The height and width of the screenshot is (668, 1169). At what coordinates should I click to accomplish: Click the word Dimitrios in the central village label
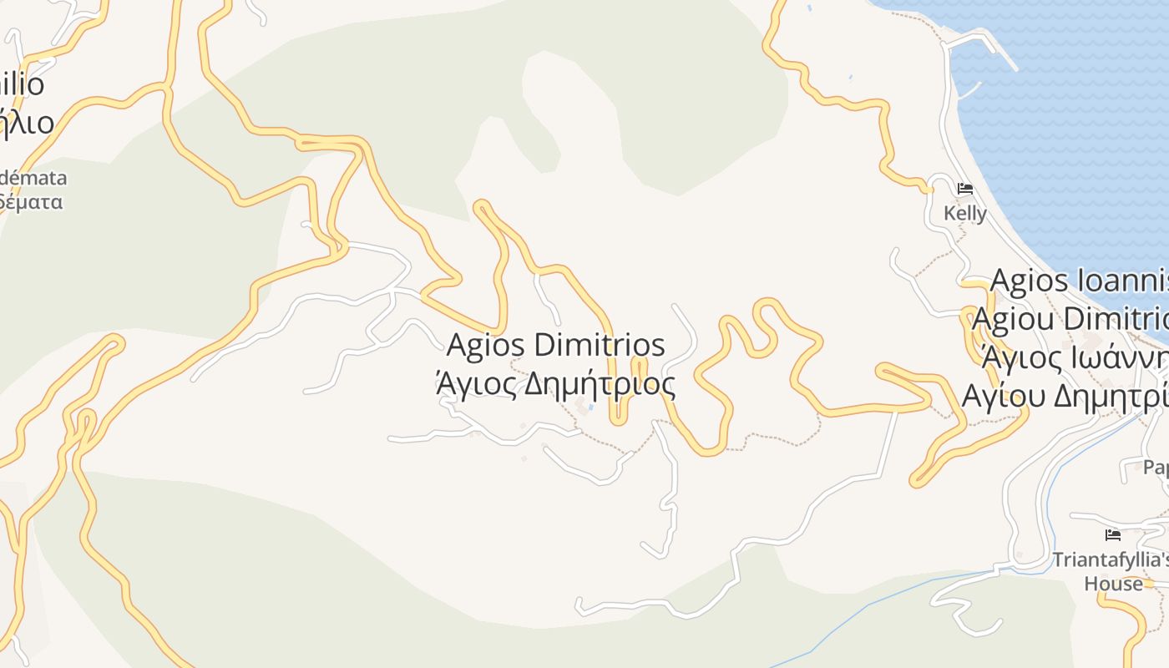pos(599,344)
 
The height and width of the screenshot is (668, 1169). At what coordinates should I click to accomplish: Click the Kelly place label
pos(965,214)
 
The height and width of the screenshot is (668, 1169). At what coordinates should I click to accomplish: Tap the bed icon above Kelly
pos(965,189)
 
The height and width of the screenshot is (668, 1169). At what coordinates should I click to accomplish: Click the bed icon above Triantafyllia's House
pos(1113,535)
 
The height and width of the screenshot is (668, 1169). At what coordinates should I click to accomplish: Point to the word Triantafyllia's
pos(1111,559)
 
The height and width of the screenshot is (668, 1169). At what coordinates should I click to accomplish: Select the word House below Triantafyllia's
pos(1114,583)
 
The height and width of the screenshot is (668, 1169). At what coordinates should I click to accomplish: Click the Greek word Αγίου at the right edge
pos(1002,394)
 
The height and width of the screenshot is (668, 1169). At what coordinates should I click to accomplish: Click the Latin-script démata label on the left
pos(33,178)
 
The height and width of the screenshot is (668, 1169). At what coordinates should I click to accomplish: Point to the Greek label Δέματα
pos(32,202)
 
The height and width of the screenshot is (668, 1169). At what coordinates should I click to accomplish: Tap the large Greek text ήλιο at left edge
pos(27,123)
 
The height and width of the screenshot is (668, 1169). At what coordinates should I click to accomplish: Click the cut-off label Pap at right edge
pos(1156,468)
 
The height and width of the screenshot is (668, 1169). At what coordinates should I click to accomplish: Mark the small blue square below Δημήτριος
pos(592,407)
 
